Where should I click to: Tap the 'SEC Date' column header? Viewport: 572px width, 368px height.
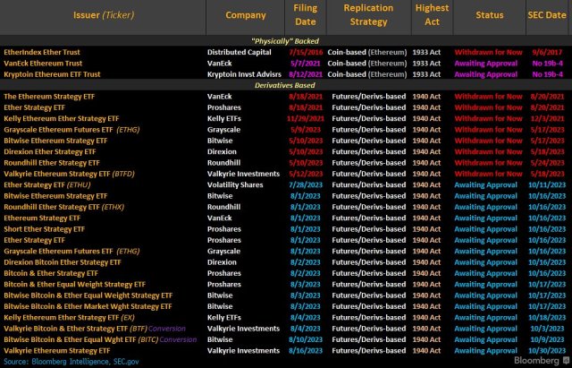pos(542,15)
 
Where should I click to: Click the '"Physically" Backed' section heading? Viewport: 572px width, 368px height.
pos(286,40)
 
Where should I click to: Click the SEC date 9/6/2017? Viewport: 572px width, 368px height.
pos(543,52)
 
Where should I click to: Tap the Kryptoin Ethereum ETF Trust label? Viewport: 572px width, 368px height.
pos(52,73)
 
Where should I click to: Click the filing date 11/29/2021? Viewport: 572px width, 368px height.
pos(302,117)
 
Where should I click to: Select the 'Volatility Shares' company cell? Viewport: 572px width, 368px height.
pos(236,184)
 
